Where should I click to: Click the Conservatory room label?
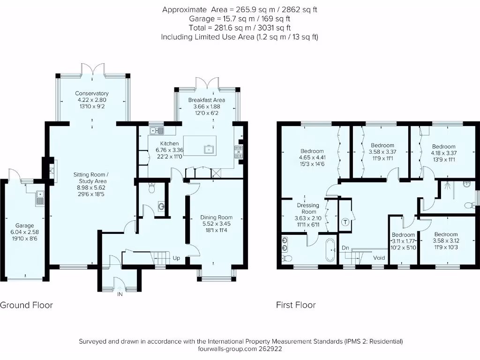coord(92,93)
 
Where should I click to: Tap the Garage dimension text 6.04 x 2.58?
coord(24,232)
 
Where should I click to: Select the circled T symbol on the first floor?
coord(345,222)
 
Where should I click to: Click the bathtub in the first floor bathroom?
coord(330,250)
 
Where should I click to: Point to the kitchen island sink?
coord(209,150)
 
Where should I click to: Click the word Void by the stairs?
coord(379,258)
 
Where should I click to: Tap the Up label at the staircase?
coord(176,258)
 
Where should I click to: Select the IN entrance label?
coord(120,294)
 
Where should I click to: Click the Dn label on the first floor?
coord(345,247)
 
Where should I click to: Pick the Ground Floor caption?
coord(26,305)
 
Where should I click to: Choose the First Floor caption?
coord(296,305)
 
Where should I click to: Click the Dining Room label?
coord(217,217)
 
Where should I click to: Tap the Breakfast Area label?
coord(207,100)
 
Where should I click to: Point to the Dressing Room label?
coord(308,209)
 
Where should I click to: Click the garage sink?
coord(40,197)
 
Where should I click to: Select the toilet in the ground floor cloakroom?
coord(151,188)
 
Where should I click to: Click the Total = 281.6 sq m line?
coord(240,28)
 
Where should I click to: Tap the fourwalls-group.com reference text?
coord(240,349)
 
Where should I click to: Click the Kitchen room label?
coord(170,143)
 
